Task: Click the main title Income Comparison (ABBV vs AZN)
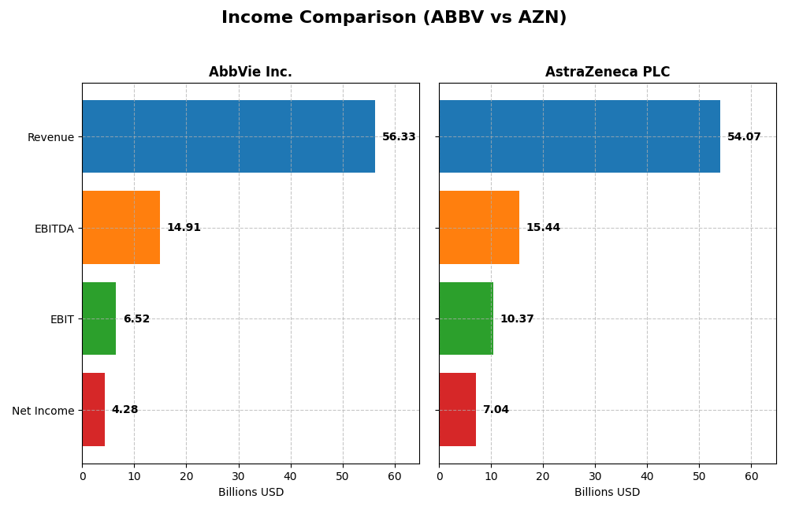coord(393,17)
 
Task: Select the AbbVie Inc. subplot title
coord(250,72)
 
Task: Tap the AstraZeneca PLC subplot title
coord(607,72)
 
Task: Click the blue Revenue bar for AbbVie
coord(229,136)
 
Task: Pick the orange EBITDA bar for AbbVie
coord(121,227)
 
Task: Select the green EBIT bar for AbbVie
coord(99,318)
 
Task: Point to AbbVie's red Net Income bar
coord(94,409)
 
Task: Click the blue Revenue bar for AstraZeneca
coord(579,136)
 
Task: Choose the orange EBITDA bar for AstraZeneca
coord(479,227)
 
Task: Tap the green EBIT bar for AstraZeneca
coord(466,318)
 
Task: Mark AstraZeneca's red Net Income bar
coord(457,409)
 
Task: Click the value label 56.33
coord(399,137)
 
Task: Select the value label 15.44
coord(543,228)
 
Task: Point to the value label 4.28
coord(125,410)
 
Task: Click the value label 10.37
coord(517,319)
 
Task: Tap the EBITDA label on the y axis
coord(54,229)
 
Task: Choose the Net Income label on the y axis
coord(43,411)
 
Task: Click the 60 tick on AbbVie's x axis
coord(395,476)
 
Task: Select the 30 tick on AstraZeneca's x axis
coord(595,476)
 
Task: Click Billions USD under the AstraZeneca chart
coord(607,492)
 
